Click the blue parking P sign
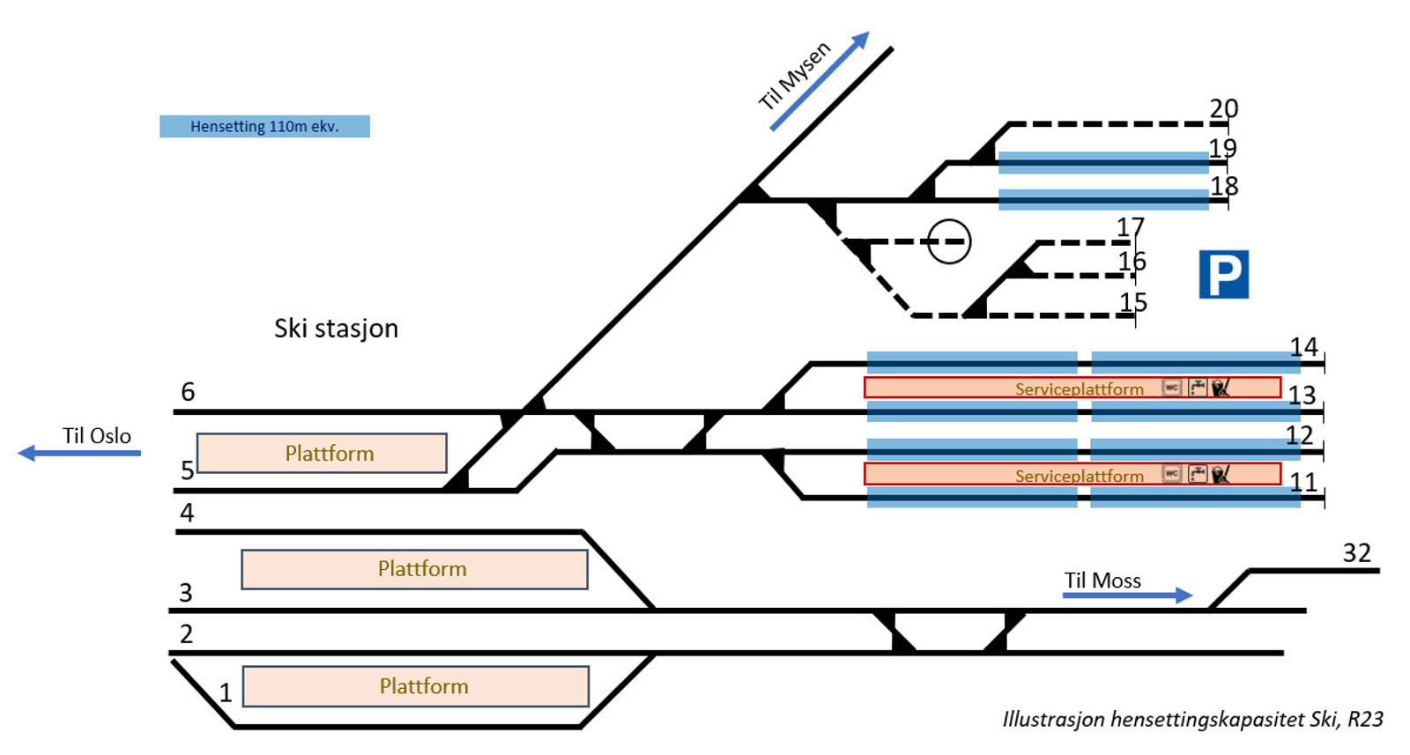tap(1223, 274)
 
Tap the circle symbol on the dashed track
tap(949, 241)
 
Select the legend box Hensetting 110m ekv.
tap(264, 126)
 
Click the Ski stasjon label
tap(336, 329)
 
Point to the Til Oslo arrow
tap(79, 453)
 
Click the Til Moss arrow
tap(1127, 596)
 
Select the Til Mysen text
tap(794, 76)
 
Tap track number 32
tap(1356, 553)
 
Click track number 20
tap(1223, 108)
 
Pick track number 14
tap(1303, 347)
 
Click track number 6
tap(188, 392)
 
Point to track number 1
tap(226, 694)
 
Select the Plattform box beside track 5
tap(322, 453)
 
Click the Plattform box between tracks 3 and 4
tap(414, 569)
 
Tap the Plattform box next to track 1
tap(415, 686)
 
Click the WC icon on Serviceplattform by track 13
tap(1171, 388)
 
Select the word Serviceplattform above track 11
tap(1079, 476)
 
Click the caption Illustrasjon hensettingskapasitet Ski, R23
tap(1192, 720)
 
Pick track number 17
tap(1130, 227)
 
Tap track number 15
tap(1132, 302)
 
